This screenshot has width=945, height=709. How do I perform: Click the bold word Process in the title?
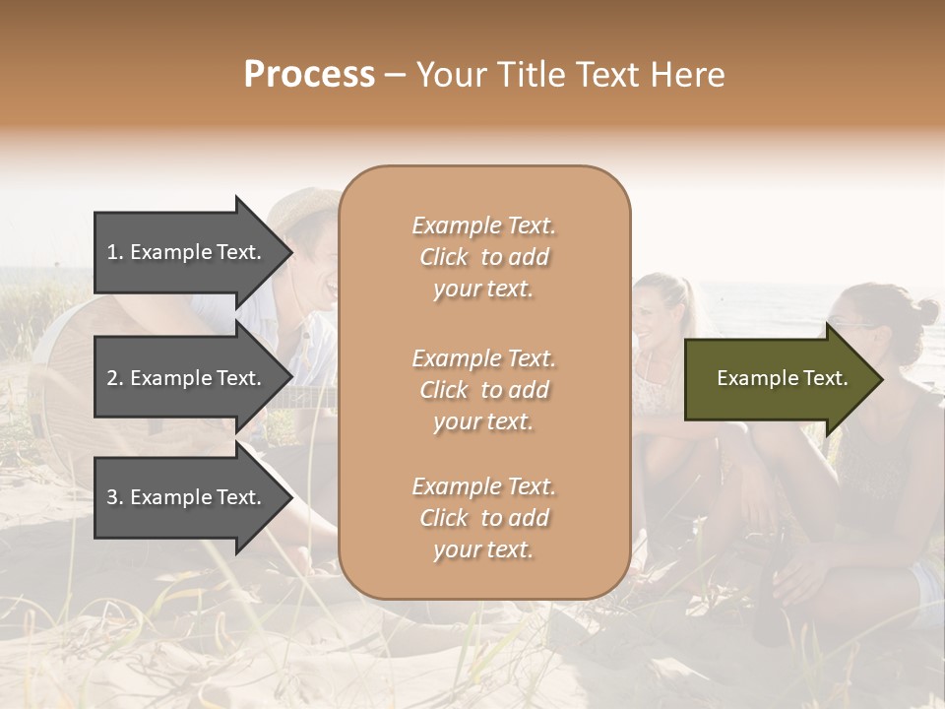309,75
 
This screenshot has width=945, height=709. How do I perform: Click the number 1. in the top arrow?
115,252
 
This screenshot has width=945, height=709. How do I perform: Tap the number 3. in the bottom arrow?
115,497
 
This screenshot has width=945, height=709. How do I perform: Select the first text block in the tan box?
483,257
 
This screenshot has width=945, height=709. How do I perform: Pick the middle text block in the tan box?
483,390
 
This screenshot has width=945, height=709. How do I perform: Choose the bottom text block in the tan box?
483,518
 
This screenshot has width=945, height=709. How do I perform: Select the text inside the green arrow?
782,378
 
